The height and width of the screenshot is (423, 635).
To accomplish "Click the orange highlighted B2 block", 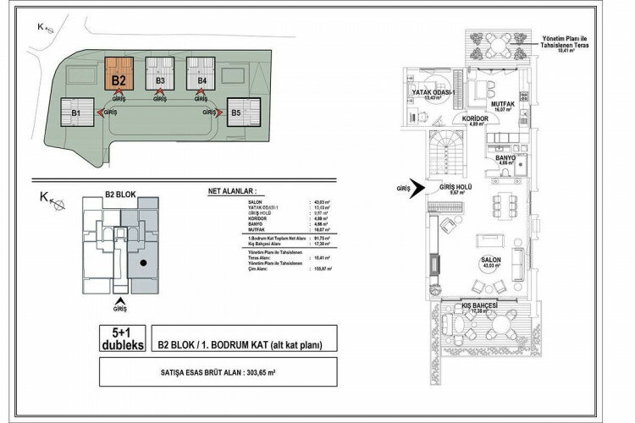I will (119, 74).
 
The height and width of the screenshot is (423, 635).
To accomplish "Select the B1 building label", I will (75, 112).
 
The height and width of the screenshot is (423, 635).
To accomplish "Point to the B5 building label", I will (237, 112).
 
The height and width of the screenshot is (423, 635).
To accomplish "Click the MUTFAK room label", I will (505, 104).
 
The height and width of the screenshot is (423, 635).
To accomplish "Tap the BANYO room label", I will (506, 157).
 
